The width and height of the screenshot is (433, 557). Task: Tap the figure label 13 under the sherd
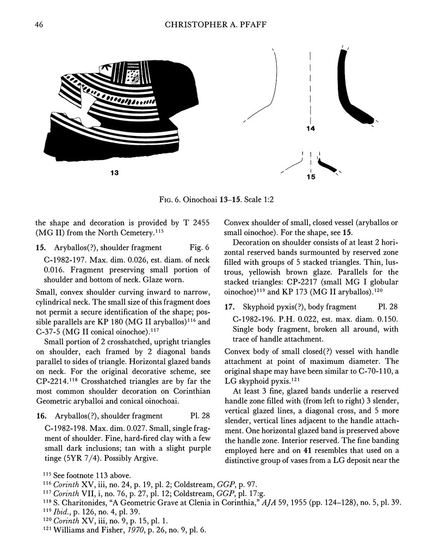pos(114,173)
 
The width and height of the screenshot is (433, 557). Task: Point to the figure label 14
pos(310,128)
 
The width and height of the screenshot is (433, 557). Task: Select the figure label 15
pos(311,177)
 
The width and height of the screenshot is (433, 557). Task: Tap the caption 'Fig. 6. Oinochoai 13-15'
pos(216,200)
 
